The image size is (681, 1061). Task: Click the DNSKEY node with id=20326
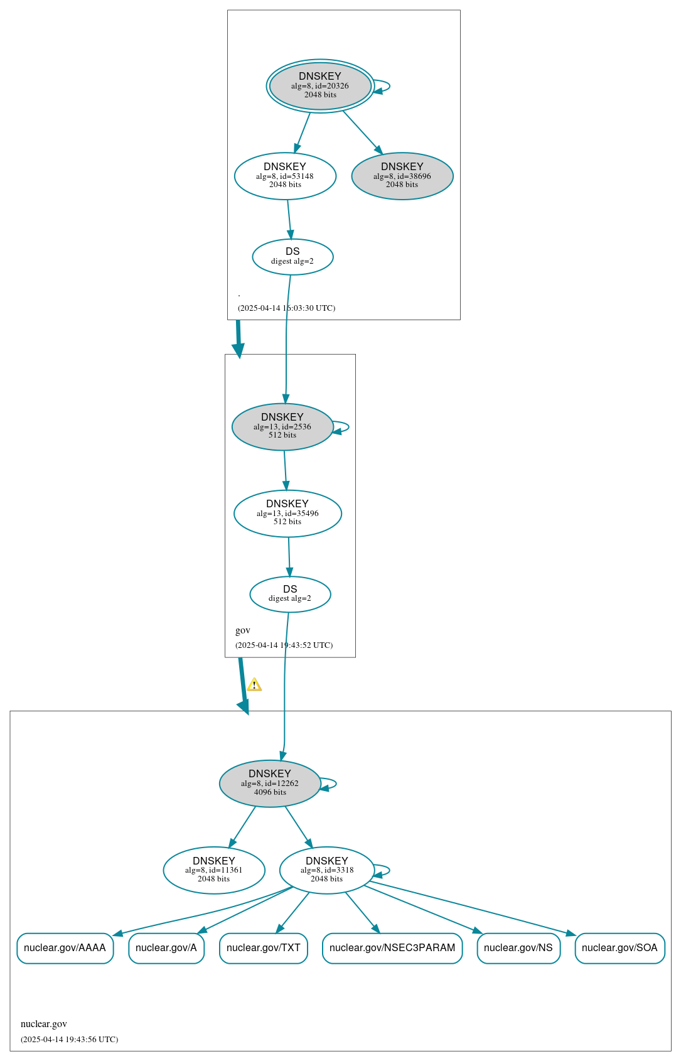click(320, 86)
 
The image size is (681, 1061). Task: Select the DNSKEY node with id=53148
click(285, 176)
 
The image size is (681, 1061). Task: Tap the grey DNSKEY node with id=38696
click(402, 176)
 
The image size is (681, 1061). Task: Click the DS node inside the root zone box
click(292, 257)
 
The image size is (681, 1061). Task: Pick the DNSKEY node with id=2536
click(282, 426)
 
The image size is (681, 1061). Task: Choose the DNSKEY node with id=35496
click(287, 513)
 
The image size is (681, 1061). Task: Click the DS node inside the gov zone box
click(291, 594)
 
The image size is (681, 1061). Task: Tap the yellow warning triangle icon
click(254, 684)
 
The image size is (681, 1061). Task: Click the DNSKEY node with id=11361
click(213, 870)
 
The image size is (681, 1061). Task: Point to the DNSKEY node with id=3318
click(327, 870)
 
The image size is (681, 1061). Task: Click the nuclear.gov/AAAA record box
click(65, 948)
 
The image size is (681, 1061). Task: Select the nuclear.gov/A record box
click(166, 948)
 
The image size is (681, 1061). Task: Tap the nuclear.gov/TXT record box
click(264, 948)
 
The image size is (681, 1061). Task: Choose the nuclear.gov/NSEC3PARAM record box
click(392, 948)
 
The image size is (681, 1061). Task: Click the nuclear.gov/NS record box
click(518, 948)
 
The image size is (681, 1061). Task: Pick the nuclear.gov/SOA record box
click(620, 948)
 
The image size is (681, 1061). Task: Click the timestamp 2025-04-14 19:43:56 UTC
click(70, 1039)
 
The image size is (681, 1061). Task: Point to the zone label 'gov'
click(242, 630)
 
